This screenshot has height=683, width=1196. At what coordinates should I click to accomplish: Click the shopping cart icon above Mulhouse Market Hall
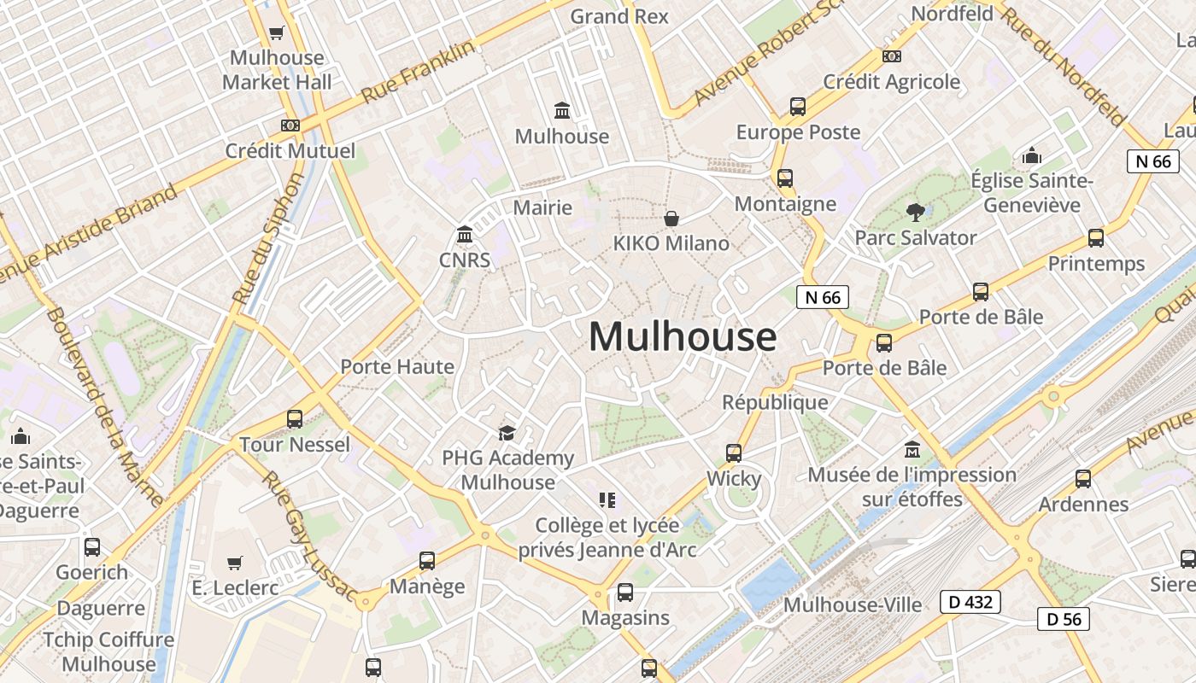pyautogui.click(x=276, y=33)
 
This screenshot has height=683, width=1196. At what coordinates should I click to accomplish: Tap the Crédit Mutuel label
pyautogui.click(x=290, y=151)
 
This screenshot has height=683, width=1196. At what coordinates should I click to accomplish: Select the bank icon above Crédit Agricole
pyautogui.click(x=891, y=56)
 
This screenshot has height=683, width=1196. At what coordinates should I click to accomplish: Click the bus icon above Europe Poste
pyautogui.click(x=798, y=107)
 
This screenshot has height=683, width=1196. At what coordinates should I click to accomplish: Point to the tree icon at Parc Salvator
pyautogui.click(x=916, y=212)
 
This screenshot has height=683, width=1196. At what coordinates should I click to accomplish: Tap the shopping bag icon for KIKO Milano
pyautogui.click(x=671, y=219)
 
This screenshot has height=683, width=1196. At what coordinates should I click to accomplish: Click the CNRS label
pyautogui.click(x=465, y=260)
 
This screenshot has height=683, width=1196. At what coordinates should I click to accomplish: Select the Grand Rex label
pyautogui.click(x=619, y=16)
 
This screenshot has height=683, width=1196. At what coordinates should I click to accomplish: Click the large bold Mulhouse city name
pyautogui.click(x=683, y=336)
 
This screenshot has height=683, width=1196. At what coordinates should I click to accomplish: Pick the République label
pyautogui.click(x=775, y=402)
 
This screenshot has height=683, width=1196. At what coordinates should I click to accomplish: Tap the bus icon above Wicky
pyautogui.click(x=734, y=453)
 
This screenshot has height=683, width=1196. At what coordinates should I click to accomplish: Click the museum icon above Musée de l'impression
pyautogui.click(x=912, y=449)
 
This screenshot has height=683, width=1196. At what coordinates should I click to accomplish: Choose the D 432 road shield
pyautogui.click(x=970, y=602)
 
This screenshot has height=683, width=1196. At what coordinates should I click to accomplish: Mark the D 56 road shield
pyautogui.click(x=1064, y=619)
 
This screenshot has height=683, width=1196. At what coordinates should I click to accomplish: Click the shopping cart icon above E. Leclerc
pyautogui.click(x=235, y=563)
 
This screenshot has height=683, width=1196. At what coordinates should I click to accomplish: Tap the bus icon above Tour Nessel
pyautogui.click(x=295, y=419)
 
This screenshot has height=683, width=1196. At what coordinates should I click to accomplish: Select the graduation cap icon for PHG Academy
pyautogui.click(x=507, y=433)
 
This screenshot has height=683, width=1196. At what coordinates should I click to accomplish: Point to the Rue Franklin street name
pyautogui.click(x=418, y=72)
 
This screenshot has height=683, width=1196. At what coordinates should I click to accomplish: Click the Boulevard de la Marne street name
pyautogui.click(x=104, y=406)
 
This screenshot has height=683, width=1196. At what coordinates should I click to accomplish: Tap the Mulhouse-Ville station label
pyautogui.click(x=853, y=605)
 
